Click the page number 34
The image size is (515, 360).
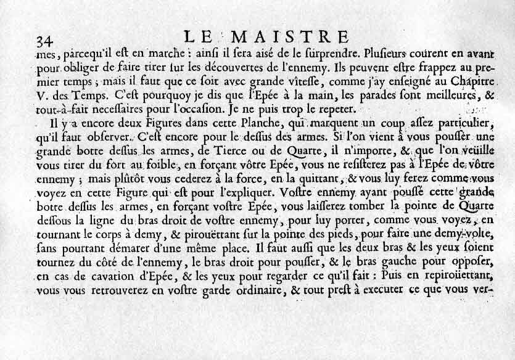[x=44, y=42]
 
